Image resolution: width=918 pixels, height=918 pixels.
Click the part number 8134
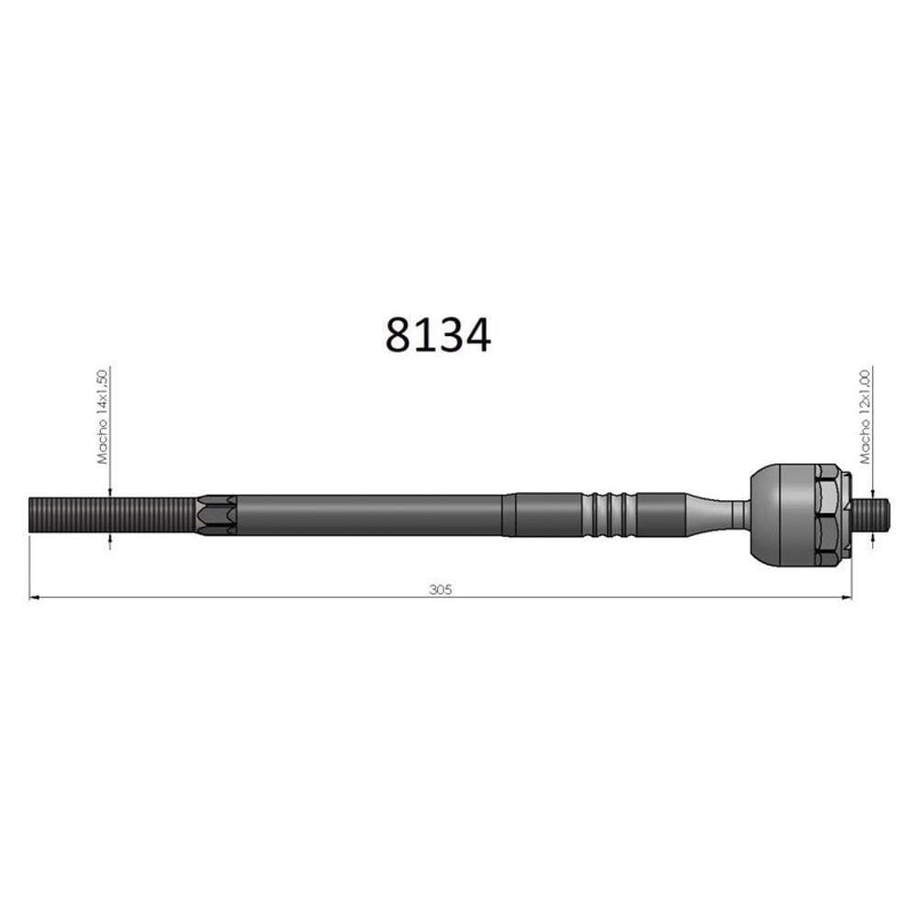[438, 335]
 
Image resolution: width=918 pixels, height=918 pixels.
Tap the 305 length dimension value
[441, 589]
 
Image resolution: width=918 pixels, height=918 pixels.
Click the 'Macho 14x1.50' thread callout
[103, 416]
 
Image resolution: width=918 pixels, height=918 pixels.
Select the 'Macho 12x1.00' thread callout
[866, 416]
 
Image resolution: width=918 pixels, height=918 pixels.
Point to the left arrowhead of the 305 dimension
[34, 598]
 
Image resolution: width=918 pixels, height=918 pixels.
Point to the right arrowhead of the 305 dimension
[846, 598]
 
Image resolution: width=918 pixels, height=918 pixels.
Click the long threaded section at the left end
[112, 515]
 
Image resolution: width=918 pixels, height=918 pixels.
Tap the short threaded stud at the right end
[871, 515]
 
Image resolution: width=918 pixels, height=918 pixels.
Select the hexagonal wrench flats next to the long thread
[216, 515]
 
